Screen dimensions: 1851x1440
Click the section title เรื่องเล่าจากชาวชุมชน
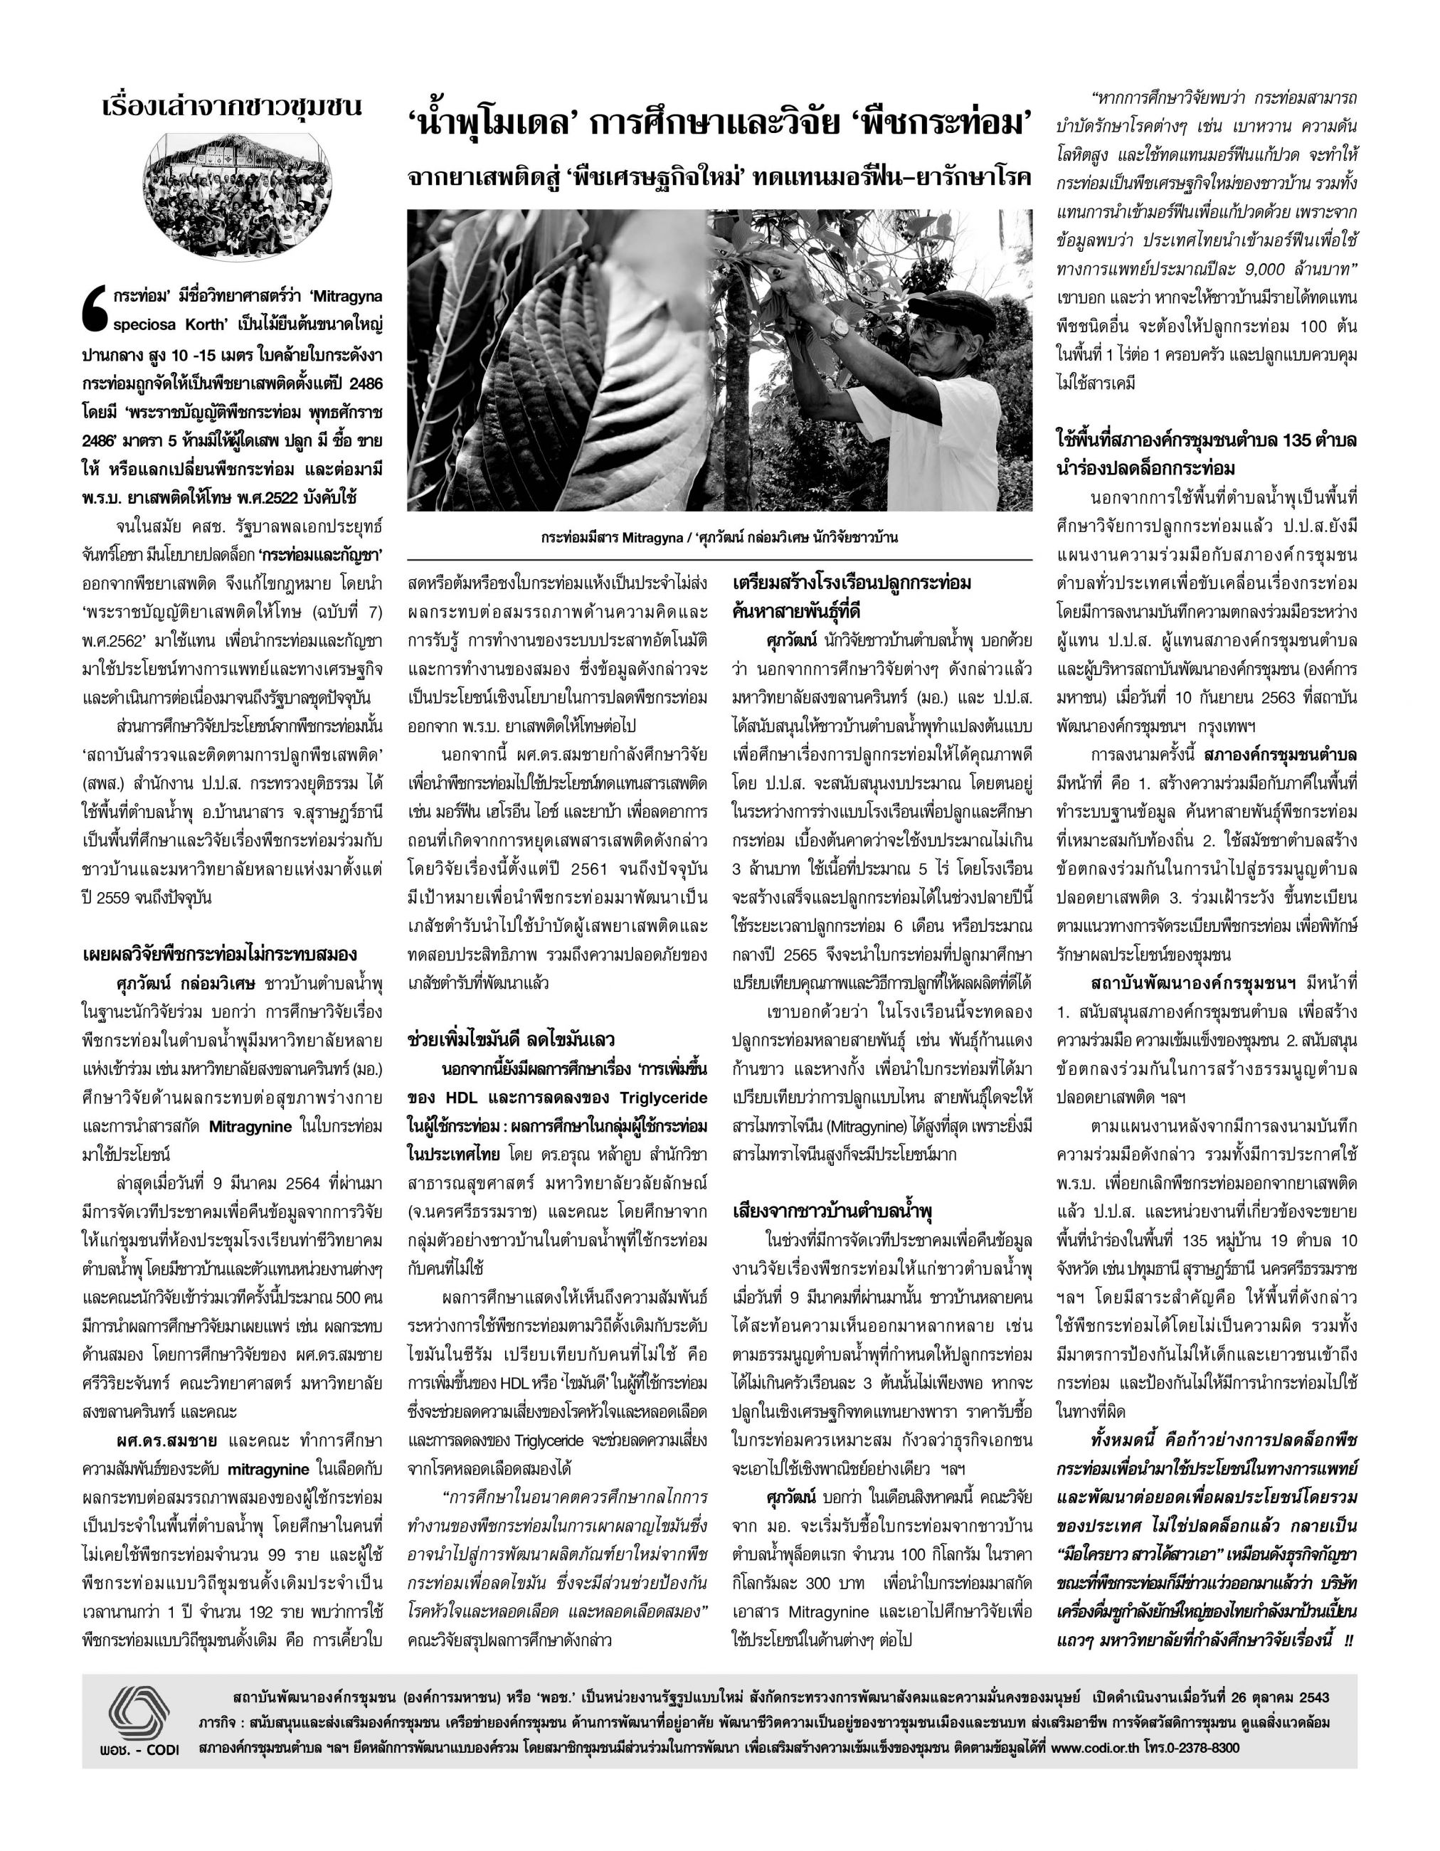pyautogui.click(x=231, y=107)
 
